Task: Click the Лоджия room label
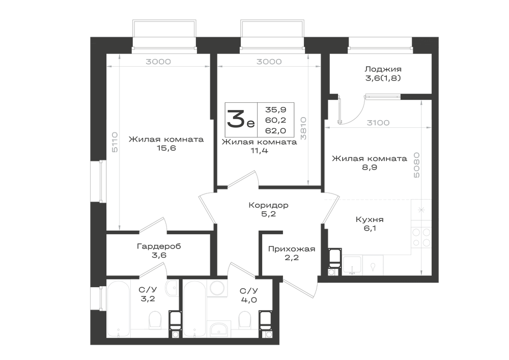(x=383, y=69)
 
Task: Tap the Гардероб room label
(x=159, y=246)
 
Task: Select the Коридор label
(x=268, y=205)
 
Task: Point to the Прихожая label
(x=292, y=249)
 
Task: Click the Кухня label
(x=370, y=219)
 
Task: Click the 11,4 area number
(x=259, y=151)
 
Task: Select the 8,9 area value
(x=370, y=168)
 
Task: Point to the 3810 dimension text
(x=303, y=128)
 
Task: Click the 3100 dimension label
(x=378, y=123)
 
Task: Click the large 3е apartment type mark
(x=241, y=119)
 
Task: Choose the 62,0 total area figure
(x=275, y=130)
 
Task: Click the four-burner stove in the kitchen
(x=421, y=237)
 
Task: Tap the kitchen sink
(x=352, y=265)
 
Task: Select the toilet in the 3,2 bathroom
(x=155, y=320)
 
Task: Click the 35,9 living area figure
(x=275, y=109)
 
